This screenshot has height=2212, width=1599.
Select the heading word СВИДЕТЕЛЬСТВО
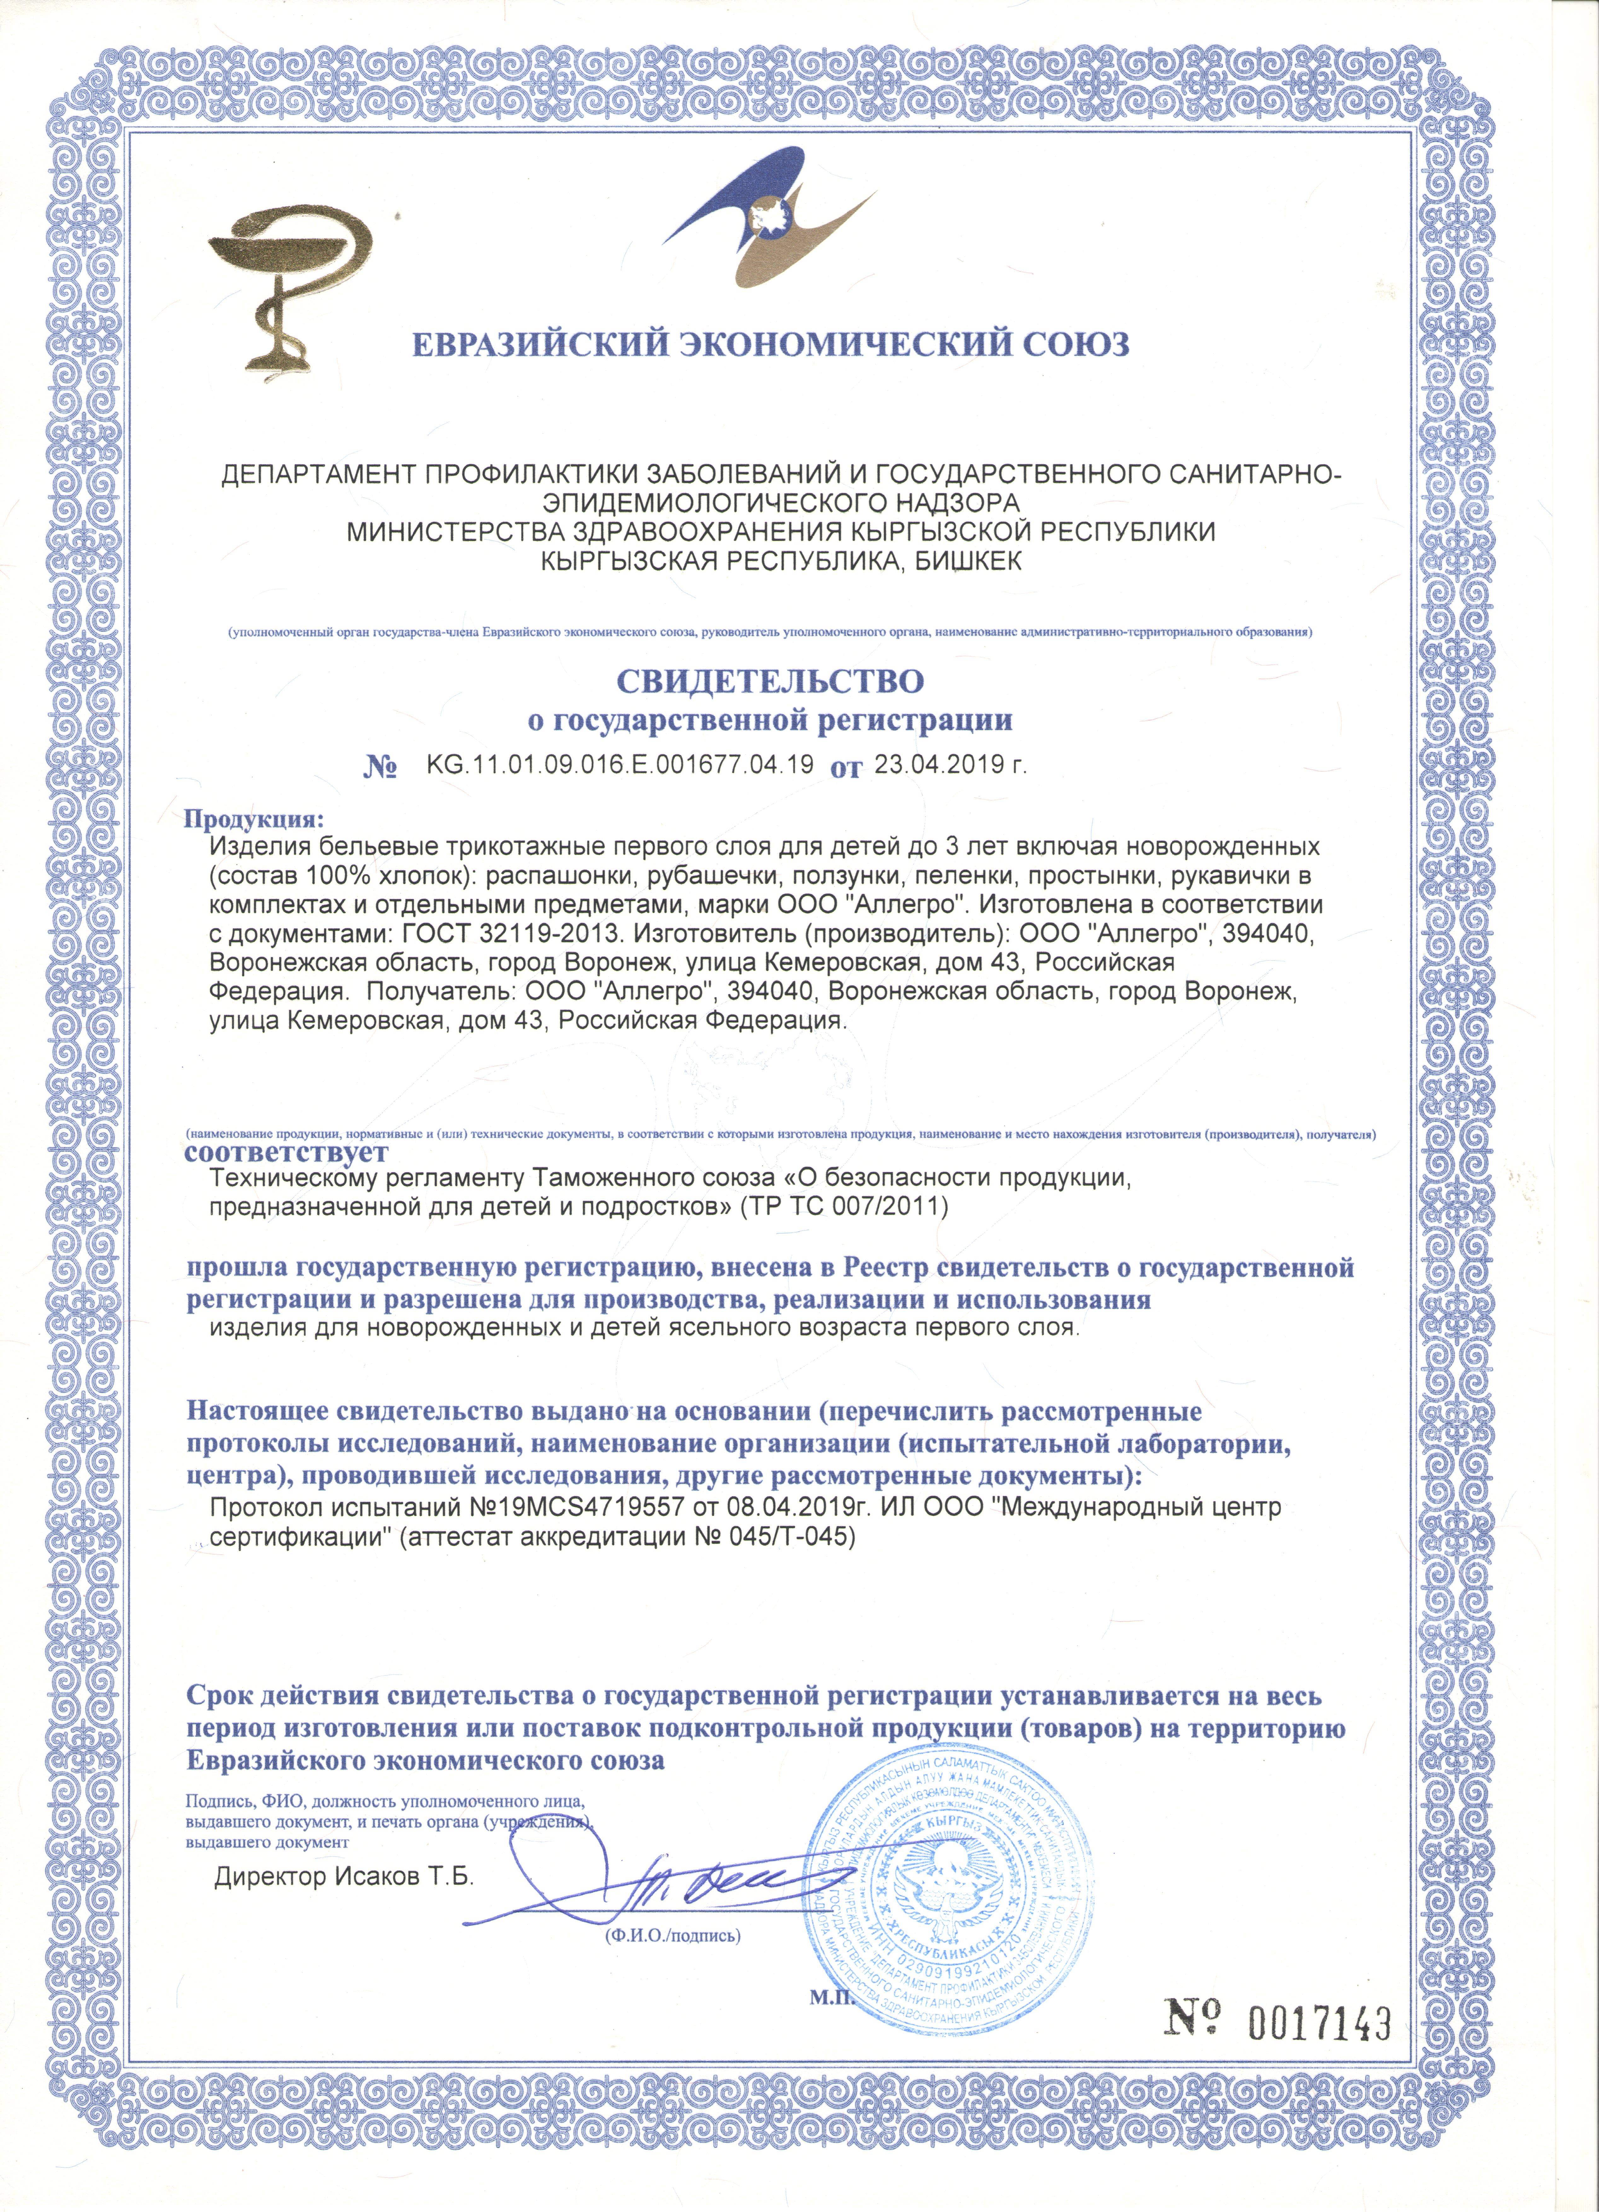[x=770, y=680]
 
